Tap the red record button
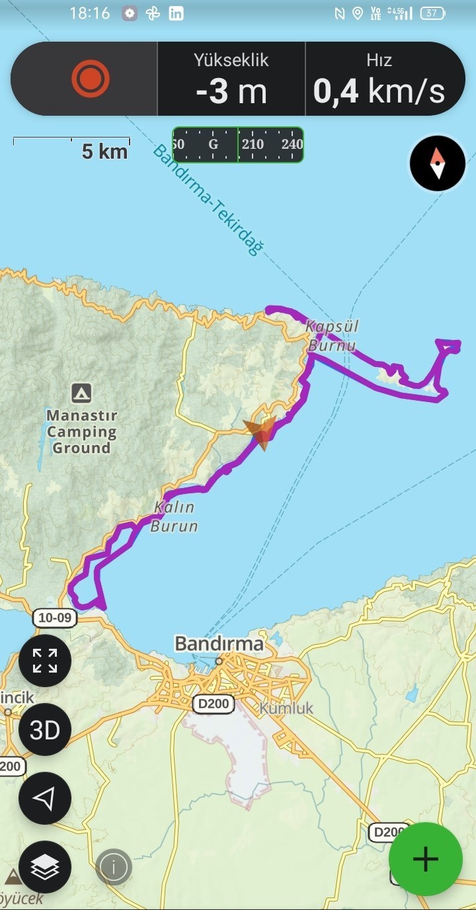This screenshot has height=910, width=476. point(91,79)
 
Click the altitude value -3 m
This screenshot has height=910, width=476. point(231,91)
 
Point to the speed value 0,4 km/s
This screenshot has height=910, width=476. point(379,91)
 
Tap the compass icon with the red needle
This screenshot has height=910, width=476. point(438,163)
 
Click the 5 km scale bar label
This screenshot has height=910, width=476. point(104,151)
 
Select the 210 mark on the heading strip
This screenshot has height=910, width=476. point(253,145)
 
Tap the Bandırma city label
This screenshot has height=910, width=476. point(219,643)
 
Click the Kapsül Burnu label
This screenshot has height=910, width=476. point(331,336)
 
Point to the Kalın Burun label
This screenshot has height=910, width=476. point(174,517)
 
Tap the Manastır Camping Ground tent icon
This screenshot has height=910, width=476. point(81,393)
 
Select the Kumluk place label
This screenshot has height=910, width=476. point(286,708)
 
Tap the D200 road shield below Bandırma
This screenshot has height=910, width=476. point(214,704)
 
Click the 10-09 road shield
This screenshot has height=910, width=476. point(55,618)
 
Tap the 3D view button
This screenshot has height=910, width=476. point(45,729)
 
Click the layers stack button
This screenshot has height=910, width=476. point(45,866)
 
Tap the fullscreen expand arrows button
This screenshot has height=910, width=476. point(45,661)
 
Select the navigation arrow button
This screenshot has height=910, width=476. point(45,798)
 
